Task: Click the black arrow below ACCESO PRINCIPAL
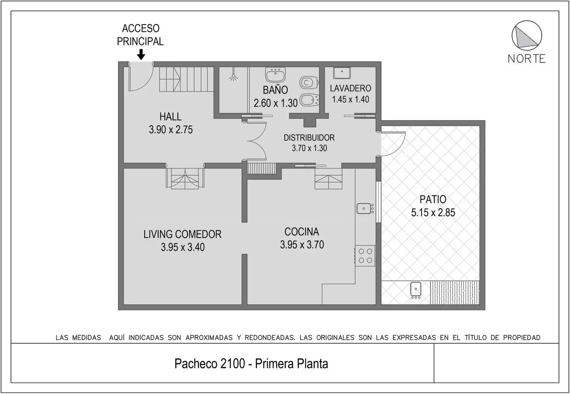[x=141, y=54]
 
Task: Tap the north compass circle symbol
[x=527, y=35]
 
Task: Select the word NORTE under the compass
[x=527, y=59]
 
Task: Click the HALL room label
[x=170, y=116]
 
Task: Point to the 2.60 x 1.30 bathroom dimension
[x=275, y=103]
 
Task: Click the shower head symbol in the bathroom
[x=234, y=78]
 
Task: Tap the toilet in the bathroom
[x=309, y=83]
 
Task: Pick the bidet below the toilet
[x=309, y=100]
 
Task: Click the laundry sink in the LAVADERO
[x=342, y=73]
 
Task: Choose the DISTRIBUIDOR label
[x=309, y=138]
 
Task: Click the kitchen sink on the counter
[x=365, y=208]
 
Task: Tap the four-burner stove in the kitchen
[x=365, y=256]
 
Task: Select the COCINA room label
[x=302, y=232]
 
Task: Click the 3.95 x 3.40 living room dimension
[x=183, y=247]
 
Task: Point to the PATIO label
[x=433, y=199]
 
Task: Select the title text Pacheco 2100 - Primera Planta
[x=251, y=364]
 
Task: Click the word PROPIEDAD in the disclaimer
[x=522, y=338]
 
